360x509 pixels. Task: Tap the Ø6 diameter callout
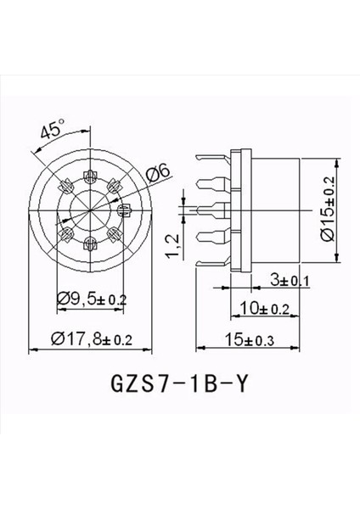pyautogui.click(x=158, y=172)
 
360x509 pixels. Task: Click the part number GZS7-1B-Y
pyautogui.click(x=181, y=383)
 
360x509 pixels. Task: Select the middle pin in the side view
pyautogui.click(x=212, y=206)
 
